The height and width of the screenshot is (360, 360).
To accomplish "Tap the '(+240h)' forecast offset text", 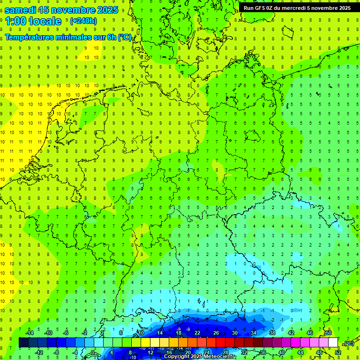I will point(83,21).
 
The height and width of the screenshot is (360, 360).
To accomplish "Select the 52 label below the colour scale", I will point(338,352).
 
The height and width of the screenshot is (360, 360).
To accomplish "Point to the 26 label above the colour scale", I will point(216,333).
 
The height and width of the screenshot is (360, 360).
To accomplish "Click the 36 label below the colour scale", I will point(263,352).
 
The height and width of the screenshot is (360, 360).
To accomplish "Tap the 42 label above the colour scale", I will point(291,333).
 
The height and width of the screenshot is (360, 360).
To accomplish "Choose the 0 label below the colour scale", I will point(93,352).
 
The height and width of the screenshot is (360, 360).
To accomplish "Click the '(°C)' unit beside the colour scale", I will point(348,343).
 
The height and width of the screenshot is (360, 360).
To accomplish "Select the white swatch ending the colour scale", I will point(333,343).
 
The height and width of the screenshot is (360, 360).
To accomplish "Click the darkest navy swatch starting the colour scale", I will point(23,343).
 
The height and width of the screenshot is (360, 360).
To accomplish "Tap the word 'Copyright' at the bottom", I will point(177,357).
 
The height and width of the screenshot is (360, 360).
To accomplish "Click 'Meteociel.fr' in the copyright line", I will point(220,357).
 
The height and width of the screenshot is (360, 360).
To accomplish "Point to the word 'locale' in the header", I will point(45,21).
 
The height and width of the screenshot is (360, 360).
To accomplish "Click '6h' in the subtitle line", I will point(111,37).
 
